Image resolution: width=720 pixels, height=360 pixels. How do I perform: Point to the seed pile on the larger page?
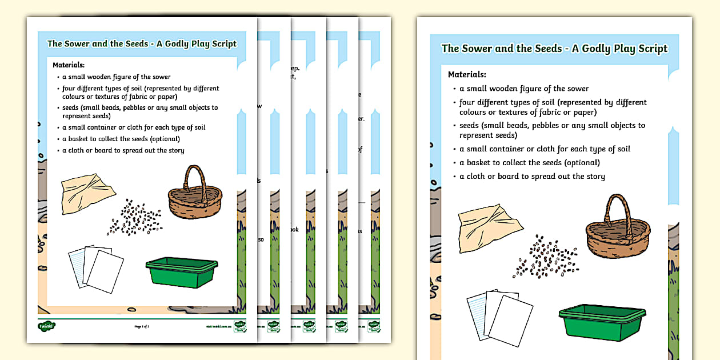tap(546, 255)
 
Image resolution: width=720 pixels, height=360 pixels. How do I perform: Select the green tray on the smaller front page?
tap(179, 269)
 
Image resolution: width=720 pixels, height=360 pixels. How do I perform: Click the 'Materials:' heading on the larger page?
tap(467, 74)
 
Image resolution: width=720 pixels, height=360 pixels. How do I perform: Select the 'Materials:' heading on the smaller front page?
tap(69, 65)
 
